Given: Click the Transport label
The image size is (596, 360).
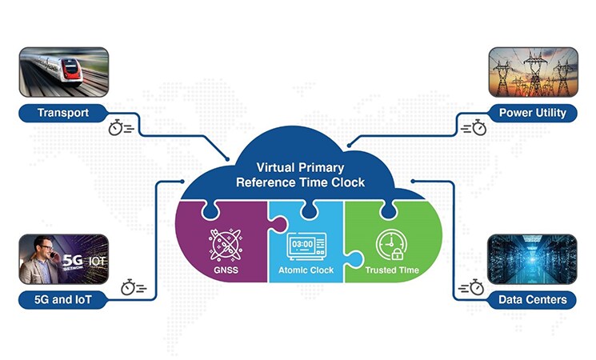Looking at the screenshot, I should click(63, 112).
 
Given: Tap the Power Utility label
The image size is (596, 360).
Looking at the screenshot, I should click(532, 112).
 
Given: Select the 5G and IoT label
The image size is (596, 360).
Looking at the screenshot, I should click(63, 300).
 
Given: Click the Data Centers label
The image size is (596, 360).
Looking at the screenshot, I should click(532, 300).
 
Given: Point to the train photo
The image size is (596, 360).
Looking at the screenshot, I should click(63, 72).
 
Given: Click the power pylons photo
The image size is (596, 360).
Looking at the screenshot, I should click(532, 72).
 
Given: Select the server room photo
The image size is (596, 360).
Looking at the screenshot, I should click(532, 259).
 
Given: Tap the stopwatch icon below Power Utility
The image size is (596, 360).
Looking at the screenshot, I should click(477, 127).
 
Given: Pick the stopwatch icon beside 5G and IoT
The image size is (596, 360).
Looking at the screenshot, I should click(129, 286).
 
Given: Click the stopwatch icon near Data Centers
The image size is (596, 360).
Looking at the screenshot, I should click(477, 286).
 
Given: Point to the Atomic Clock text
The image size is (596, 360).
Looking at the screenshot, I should click(306, 270).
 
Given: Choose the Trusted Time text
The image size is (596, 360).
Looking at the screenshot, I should click(392, 270).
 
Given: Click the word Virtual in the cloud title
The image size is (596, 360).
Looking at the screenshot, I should click(274, 168).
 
